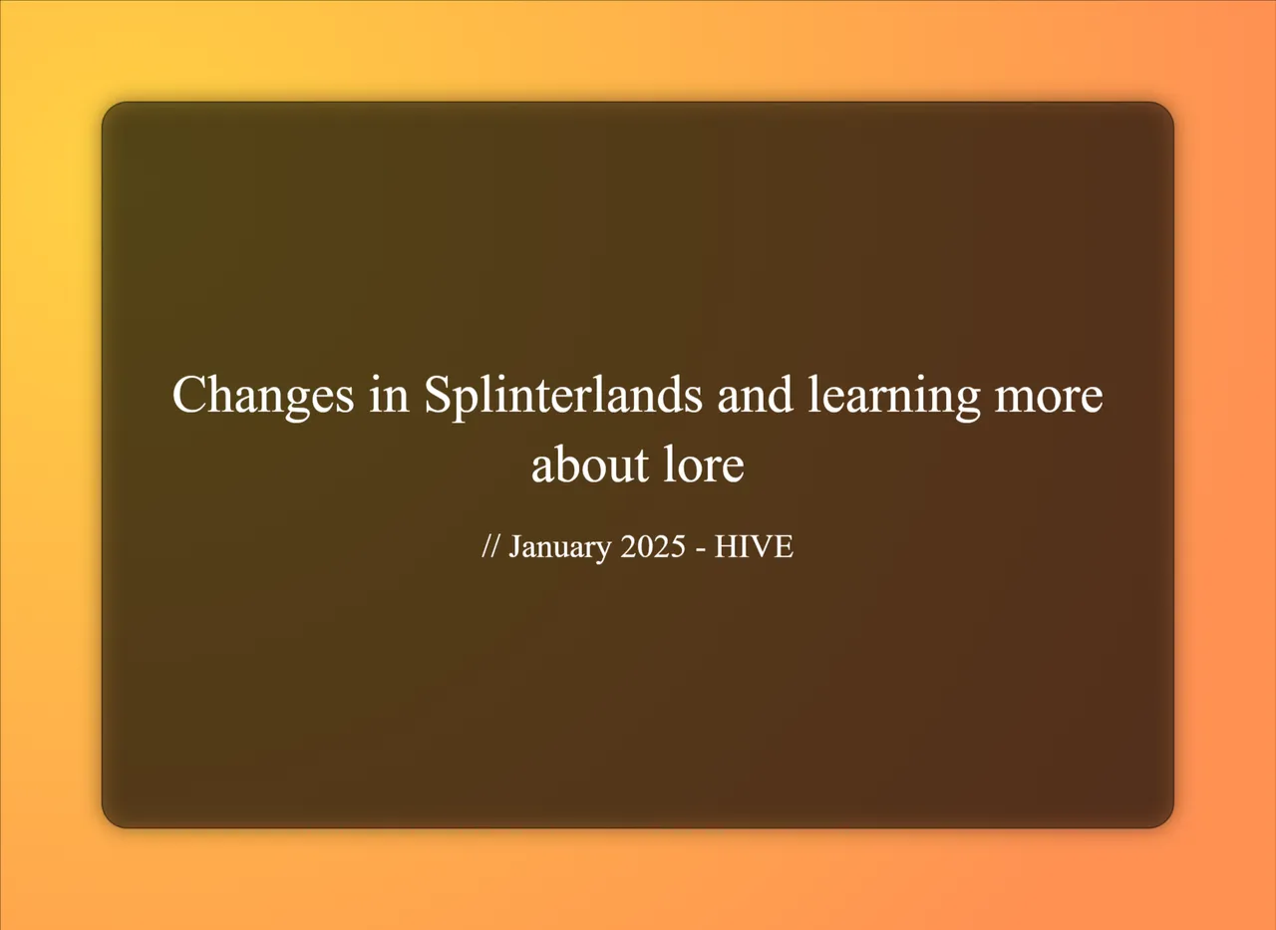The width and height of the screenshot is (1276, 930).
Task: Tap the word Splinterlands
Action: [563, 394]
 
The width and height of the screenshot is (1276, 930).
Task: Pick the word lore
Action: [704, 464]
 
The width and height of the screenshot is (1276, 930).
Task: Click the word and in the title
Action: [755, 394]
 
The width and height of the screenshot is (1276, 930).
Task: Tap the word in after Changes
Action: [389, 394]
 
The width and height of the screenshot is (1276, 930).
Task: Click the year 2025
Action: [653, 546]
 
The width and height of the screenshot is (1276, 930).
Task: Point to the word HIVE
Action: [754, 546]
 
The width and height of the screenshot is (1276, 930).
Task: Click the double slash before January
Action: [490, 546]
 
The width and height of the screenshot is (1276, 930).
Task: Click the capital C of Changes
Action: [188, 394]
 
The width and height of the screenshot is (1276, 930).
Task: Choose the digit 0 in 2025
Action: [645, 546]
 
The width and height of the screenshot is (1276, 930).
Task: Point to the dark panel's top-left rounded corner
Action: [109, 109]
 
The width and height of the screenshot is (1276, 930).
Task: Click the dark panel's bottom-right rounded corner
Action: [1167, 820]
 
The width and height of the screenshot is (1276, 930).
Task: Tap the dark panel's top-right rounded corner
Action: [1167, 109]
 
